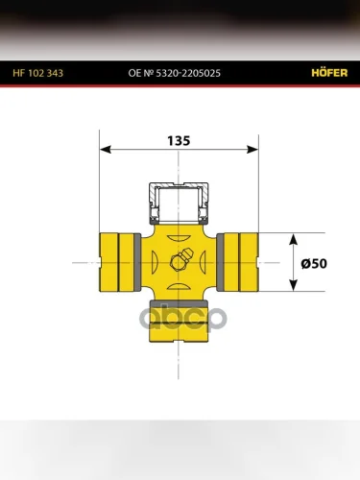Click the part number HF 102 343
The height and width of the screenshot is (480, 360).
point(38,73)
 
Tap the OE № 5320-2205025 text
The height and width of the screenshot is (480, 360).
point(175,73)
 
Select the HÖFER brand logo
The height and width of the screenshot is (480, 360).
point(329,73)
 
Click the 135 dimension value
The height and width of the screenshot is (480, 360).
point(179,141)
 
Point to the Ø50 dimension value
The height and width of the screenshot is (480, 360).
point(314,264)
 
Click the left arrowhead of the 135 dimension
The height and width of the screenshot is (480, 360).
point(106,150)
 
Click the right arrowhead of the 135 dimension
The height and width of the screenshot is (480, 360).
point(252,150)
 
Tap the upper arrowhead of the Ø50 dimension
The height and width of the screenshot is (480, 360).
point(293,239)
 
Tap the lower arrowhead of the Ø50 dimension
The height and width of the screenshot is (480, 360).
point(293,285)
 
